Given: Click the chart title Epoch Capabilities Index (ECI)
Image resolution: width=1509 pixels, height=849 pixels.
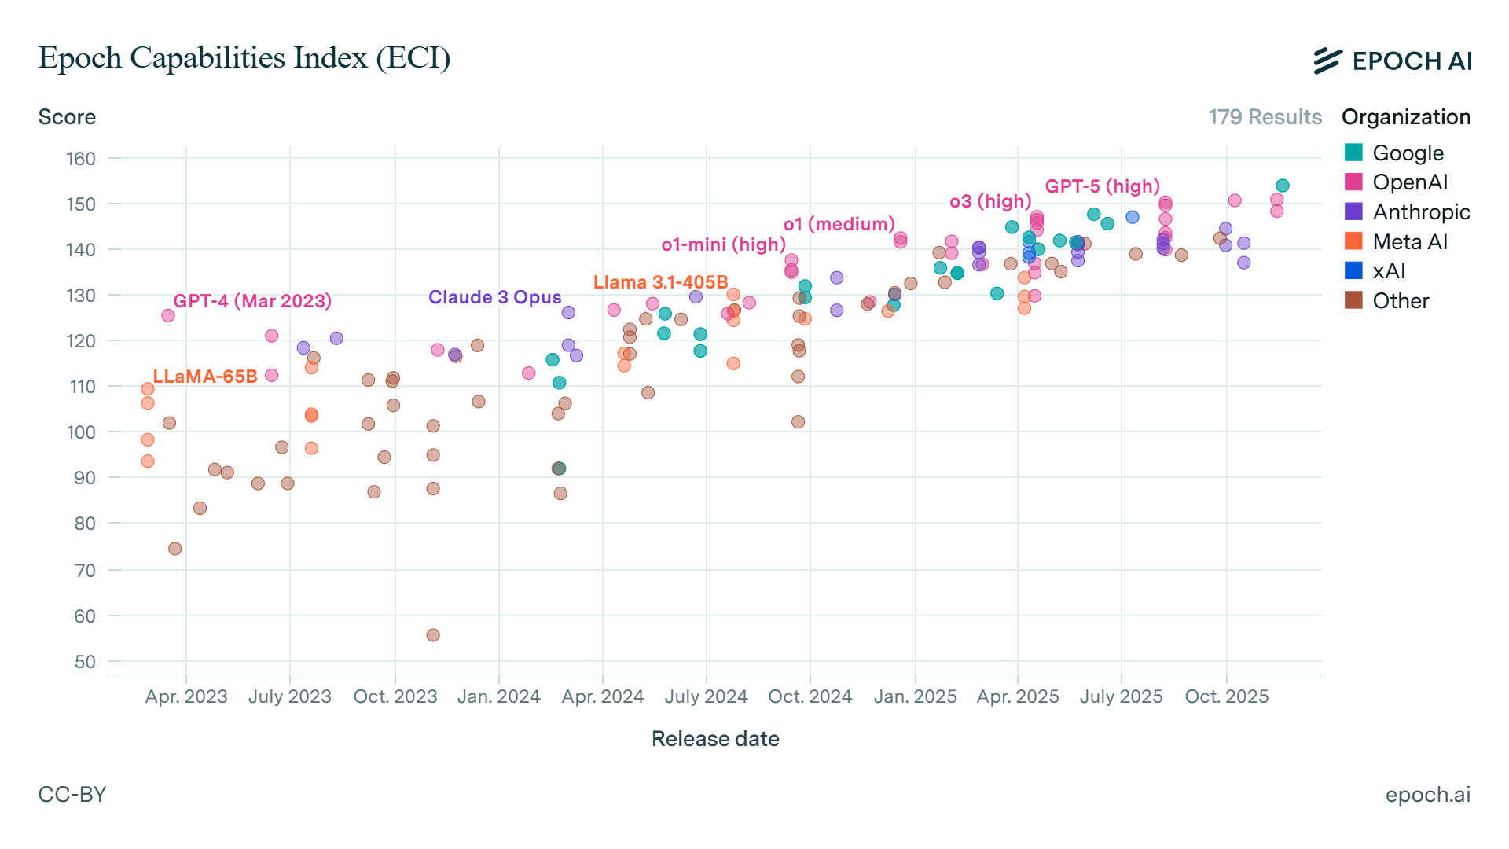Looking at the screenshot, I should point(244,58).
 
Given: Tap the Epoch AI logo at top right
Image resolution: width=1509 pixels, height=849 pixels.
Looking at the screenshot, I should point(1392,61).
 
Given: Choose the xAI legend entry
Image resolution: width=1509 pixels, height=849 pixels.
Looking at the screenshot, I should point(1388,271).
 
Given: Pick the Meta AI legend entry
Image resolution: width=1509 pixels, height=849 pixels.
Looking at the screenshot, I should point(1409,241).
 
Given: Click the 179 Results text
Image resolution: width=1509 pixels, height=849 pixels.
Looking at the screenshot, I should point(1265,117).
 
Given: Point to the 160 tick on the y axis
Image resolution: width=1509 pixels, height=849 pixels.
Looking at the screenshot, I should point(81,159).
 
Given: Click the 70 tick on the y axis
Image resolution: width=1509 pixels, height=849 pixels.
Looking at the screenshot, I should point(85,570).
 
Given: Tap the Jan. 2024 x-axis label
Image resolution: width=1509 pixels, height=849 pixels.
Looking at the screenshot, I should point(498,696).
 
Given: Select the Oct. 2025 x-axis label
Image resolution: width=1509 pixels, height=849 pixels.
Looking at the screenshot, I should point(1226,696).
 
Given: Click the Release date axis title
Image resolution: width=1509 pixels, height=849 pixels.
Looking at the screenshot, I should point(715,739).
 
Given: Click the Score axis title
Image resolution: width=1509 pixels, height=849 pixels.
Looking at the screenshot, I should point(67,117).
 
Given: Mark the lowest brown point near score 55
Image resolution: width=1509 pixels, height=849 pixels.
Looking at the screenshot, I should point(433,635).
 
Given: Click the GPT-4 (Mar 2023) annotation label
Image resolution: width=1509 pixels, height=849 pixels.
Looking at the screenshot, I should point(252,301).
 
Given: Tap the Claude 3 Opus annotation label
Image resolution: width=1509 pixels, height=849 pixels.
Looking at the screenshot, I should point(494,297).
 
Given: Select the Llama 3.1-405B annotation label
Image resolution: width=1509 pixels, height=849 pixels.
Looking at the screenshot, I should point(660,282).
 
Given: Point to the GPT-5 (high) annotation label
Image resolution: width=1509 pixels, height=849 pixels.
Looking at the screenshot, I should point(1102,186).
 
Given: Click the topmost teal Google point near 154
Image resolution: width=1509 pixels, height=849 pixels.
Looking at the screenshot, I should point(1283,186).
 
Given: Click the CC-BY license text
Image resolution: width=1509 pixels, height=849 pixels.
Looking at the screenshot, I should point(72,795).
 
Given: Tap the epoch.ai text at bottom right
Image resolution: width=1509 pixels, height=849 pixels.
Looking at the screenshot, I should point(1427,795).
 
